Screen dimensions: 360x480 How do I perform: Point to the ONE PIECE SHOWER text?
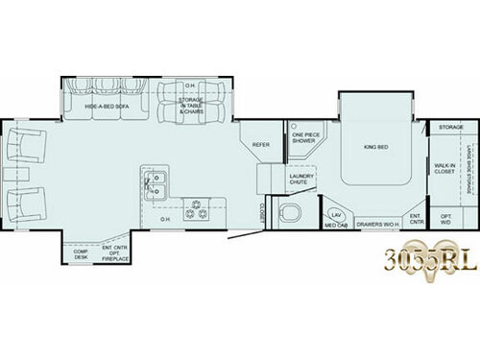[304, 137]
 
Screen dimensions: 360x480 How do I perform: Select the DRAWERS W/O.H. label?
[377, 224]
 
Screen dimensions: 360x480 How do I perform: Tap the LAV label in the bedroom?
[335, 215]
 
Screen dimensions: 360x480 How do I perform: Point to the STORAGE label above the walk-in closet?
[451, 127]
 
